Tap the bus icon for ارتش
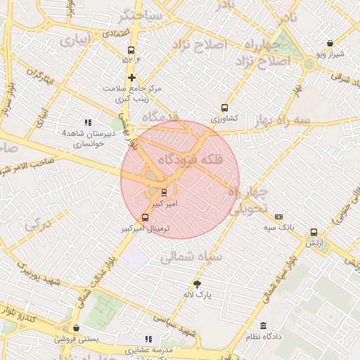tap(314, 232)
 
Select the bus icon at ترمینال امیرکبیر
tap(146, 218)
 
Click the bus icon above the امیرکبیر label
tap(164, 191)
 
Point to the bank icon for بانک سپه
tap(279, 217)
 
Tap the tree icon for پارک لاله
tap(197, 285)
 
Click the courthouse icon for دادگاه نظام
tap(263, 326)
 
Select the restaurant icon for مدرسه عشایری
tap(148, 339)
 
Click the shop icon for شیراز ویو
tap(330, 43)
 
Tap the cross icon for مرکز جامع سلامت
tap(131, 77)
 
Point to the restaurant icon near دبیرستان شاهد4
tap(88, 122)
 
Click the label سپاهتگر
tap(143, 15)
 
